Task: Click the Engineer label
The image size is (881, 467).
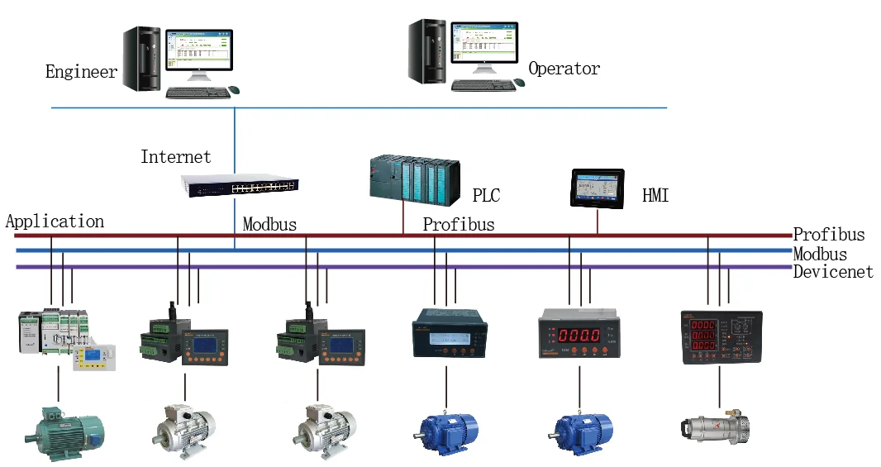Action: [x=81, y=72]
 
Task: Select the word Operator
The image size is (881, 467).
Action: [x=564, y=69]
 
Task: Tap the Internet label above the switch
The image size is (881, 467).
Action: [x=175, y=157]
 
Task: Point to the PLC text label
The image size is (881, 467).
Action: [x=486, y=196]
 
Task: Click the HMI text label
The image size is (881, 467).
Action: [x=655, y=196]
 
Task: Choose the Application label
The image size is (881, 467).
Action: [x=55, y=222]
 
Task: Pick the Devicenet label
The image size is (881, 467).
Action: [x=833, y=272]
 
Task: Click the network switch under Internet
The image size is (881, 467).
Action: [x=240, y=187]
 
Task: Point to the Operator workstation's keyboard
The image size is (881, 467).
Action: [x=483, y=85]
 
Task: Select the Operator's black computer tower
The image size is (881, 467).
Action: [x=427, y=51]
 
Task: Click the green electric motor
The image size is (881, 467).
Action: [x=63, y=432]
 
